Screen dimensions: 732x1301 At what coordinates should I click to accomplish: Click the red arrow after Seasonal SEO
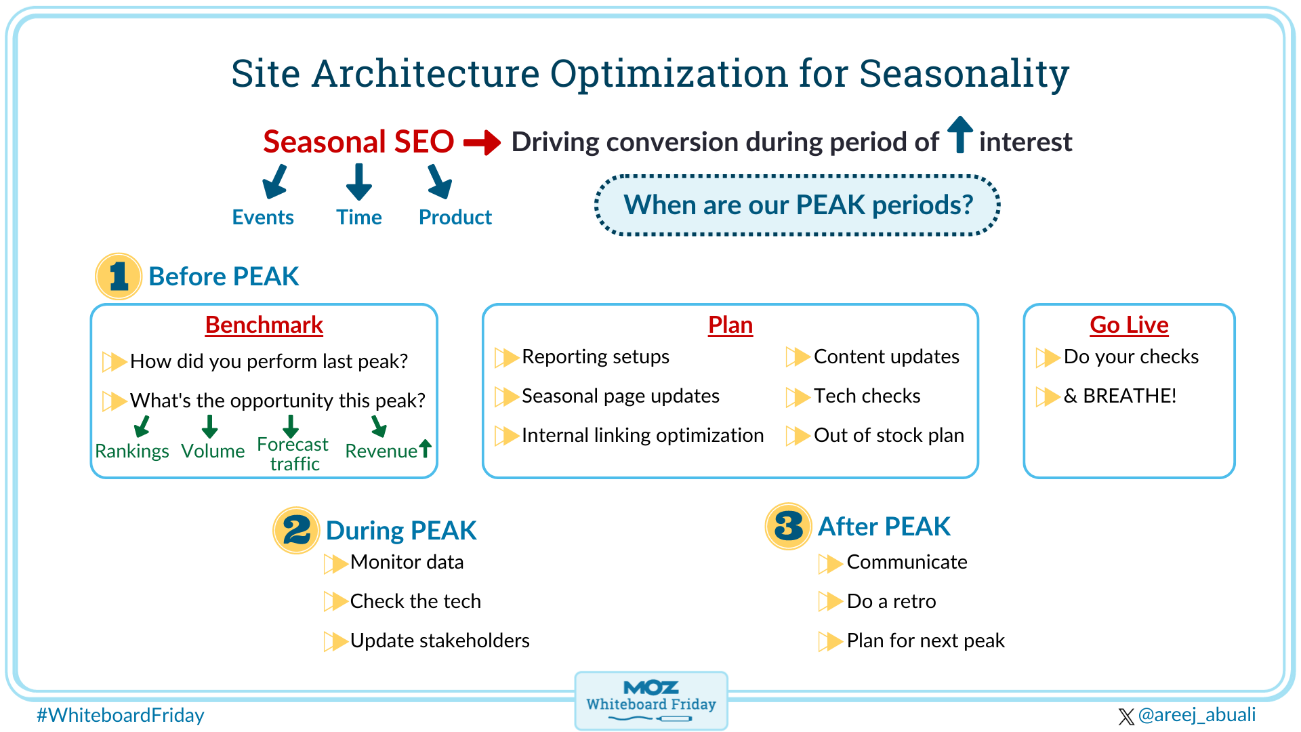(x=482, y=142)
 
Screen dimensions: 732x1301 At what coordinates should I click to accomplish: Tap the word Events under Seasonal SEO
(x=263, y=218)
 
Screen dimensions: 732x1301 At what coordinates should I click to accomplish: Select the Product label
(x=455, y=218)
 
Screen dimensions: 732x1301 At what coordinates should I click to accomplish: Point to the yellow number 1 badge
(x=119, y=277)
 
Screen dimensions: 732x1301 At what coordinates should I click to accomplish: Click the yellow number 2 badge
(x=296, y=530)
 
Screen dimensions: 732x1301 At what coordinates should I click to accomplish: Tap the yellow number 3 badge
(x=788, y=527)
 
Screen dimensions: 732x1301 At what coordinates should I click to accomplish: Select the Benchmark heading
(x=264, y=325)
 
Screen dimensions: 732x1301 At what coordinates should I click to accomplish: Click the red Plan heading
(x=730, y=325)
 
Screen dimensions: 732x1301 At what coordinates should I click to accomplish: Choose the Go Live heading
(x=1129, y=325)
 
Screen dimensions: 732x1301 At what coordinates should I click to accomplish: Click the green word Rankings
(x=132, y=451)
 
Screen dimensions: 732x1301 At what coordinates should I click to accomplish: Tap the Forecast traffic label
(x=293, y=454)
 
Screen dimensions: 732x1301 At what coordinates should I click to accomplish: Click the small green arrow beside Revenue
(x=425, y=448)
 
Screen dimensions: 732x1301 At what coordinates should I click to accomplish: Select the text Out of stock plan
(x=888, y=435)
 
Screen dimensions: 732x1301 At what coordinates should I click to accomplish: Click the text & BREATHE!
(x=1119, y=396)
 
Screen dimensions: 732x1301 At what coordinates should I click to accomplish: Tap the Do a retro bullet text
(x=891, y=601)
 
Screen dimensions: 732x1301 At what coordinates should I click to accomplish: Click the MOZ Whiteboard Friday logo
(x=650, y=700)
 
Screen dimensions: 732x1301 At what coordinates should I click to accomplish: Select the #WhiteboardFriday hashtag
(x=121, y=715)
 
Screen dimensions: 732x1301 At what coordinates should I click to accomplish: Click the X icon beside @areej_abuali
(x=1126, y=716)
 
